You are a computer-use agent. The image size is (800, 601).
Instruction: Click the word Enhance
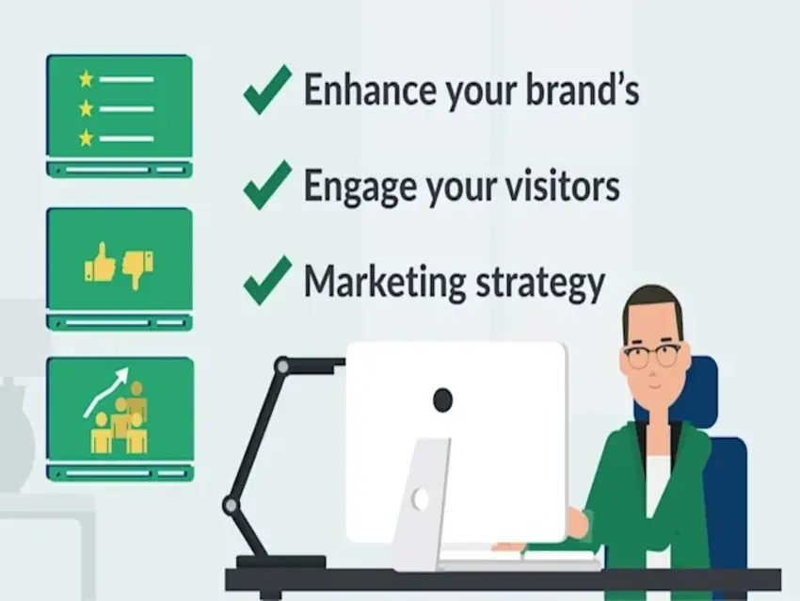pyautogui.click(x=371, y=89)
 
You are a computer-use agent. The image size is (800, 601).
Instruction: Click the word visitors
pyautogui.click(x=563, y=185)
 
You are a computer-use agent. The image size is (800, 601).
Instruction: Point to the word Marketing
pyautogui.click(x=385, y=283)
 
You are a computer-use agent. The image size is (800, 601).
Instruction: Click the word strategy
pyautogui.click(x=540, y=284)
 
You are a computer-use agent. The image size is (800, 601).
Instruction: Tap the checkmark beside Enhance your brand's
pyautogui.click(x=268, y=89)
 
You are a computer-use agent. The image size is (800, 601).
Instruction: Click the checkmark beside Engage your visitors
pyautogui.click(x=268, y=185)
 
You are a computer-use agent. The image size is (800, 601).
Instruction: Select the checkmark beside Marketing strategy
pyautogui.click(x=268, y=281)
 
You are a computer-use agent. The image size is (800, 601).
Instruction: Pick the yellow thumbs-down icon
pyautogui.click(x=137, y=269)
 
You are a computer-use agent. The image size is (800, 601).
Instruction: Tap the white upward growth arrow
pyautogui.click(x=106, y=391)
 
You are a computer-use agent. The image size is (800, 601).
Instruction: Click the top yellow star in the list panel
pyautogui.click(x=87, y=79)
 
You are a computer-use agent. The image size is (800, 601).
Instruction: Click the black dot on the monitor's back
pyautogui.click(x=442, y=399)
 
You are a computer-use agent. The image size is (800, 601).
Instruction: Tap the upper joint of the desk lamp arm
pyautogui.click(x=282, y=366)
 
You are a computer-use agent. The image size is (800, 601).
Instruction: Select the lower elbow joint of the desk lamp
pyautogui.click(x=231, y=506)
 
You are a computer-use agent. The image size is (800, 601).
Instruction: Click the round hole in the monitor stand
pyautogui.click(x=421, y=499)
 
